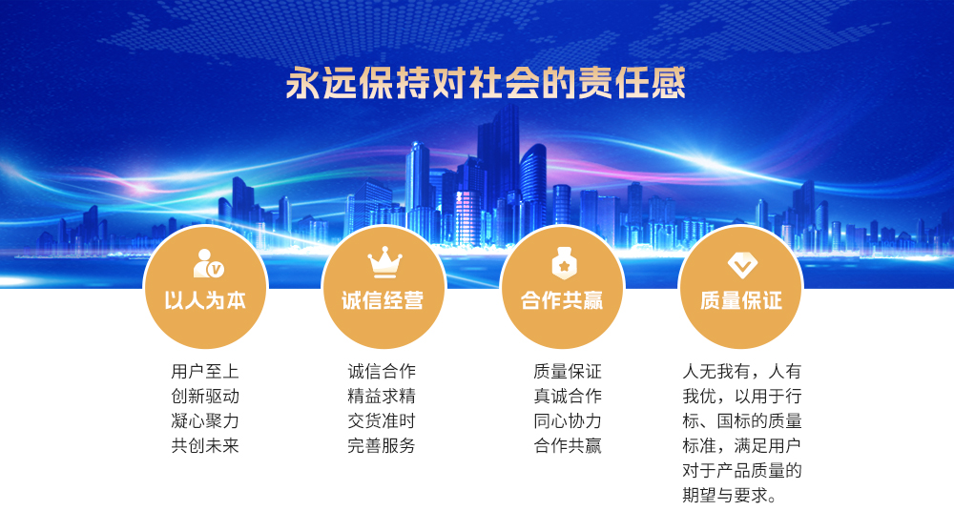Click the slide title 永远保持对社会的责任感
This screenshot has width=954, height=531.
[x=486, y=83]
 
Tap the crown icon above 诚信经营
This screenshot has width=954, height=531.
[x=384, y=261]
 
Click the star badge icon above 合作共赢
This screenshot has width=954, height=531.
[x=564, y=263]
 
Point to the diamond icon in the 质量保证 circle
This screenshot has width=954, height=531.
[x=742, y=265]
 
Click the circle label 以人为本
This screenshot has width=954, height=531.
[x=205, y=300]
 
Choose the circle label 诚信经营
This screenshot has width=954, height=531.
[x=383, y=300]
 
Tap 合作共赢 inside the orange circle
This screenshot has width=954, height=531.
[x=562, y=300]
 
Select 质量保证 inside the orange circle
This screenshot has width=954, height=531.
[x=741, y=300]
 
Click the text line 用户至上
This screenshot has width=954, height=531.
[x=205, y=371]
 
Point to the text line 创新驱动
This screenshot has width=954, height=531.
[x=205, y=396]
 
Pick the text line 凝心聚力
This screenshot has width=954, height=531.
[x=205, y=421]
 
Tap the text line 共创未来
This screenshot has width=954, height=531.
[x=205, y=446]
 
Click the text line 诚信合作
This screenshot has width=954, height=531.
[x=382, y=371]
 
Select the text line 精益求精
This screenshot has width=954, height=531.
[x=382, y=396]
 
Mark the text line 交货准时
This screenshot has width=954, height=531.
[x=382, y=421]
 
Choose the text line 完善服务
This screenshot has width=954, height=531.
[x=382, y=446]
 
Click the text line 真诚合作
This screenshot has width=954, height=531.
[x=568, y=396]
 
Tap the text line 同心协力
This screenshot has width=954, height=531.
[x=568, y=421]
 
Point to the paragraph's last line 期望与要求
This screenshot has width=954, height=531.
[x=730, y=496]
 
